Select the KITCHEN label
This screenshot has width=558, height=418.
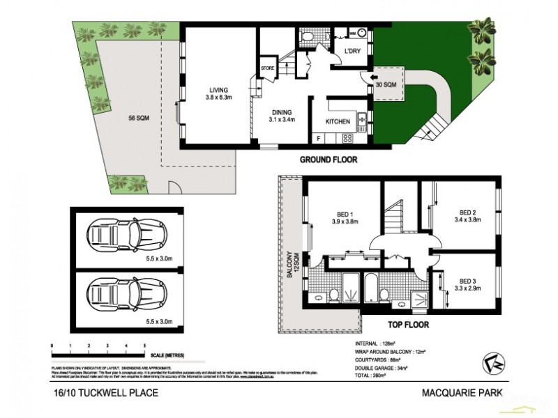338,122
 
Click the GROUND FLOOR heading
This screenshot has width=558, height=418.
329,160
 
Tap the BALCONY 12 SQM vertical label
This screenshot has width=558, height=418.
291,265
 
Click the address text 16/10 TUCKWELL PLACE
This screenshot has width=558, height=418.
105,393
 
